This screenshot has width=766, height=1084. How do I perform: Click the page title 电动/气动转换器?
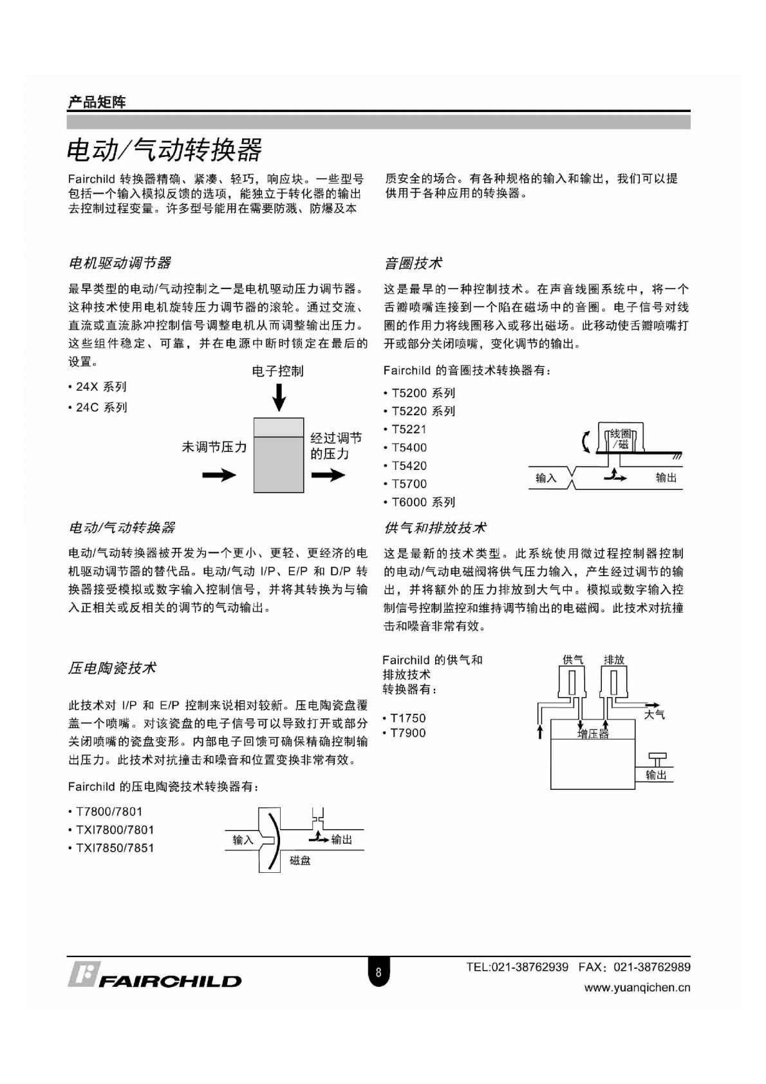coord(165,150)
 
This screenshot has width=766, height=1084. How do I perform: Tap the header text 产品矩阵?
coord(97,102)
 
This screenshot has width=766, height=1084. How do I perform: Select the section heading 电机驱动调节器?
coord(119,263)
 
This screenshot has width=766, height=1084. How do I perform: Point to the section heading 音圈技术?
coord(413,263)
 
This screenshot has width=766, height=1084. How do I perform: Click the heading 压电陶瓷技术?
coord(112,668)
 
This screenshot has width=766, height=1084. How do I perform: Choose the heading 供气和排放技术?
coord(435,528)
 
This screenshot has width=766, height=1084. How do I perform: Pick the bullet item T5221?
coord(409,429)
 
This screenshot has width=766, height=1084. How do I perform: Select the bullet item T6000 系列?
coord(423,502)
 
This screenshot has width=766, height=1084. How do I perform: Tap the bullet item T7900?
coord(407,733)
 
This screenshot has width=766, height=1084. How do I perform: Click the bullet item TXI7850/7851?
coord(115,848)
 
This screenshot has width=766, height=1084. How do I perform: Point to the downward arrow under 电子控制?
coord(279,397)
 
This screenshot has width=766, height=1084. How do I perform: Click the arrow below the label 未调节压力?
coord(219,476)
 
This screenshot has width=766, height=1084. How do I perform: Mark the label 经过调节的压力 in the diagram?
coord(336,446)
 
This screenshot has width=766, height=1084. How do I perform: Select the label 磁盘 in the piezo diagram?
coord(300,861)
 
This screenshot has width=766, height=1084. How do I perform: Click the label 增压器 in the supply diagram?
coord(593,734)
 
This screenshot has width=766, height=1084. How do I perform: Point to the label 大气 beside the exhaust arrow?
coord(655,715)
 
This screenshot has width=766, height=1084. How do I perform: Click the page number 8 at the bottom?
coord(378,973)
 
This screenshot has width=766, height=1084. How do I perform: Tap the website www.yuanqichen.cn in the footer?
coord(637,988)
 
